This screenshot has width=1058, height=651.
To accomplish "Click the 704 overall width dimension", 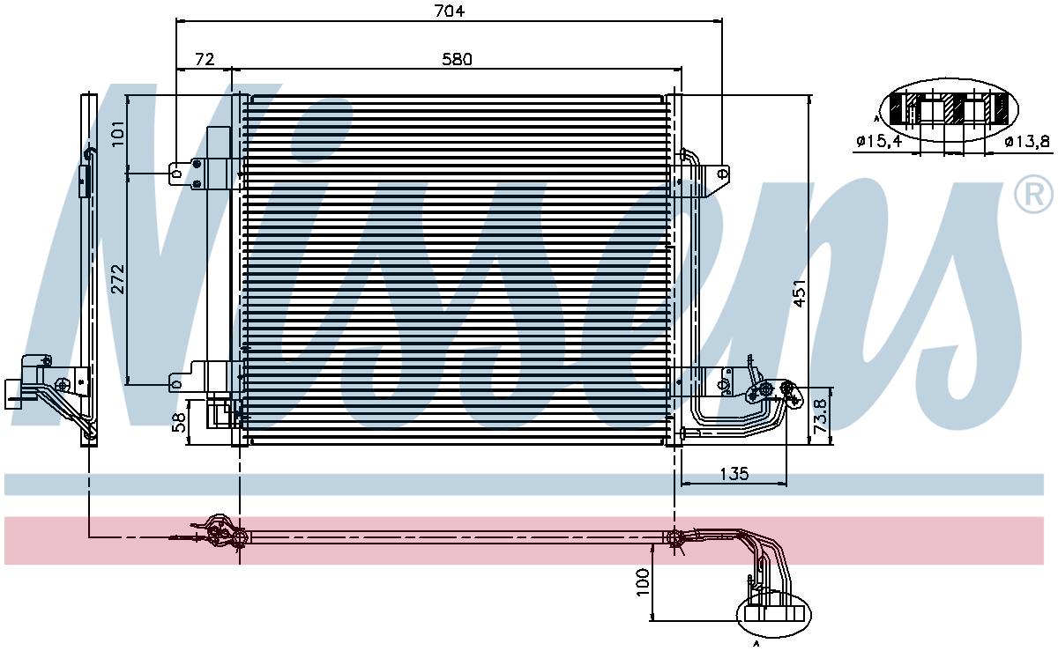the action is (449, 11).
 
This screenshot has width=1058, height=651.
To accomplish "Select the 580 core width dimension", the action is (457, 59).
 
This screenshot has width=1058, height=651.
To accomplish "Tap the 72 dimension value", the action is (205, 59).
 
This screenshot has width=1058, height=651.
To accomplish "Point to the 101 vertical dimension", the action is (118, 133).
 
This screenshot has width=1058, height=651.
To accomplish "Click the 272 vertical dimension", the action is (118, 279).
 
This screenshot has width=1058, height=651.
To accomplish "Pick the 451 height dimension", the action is (800, 293).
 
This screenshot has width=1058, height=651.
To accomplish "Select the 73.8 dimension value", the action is (821, 416).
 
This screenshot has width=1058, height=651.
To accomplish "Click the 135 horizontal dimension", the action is (734, 473).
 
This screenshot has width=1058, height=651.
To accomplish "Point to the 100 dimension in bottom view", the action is (643, 582).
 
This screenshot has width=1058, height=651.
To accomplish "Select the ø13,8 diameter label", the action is (1027, 141).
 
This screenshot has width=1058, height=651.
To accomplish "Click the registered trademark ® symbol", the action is (1032, 194).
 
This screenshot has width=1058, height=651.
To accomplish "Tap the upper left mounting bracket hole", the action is (177, 174).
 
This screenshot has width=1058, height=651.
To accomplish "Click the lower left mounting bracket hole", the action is (177, 384).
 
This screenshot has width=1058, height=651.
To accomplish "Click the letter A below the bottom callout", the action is (756, 644).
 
